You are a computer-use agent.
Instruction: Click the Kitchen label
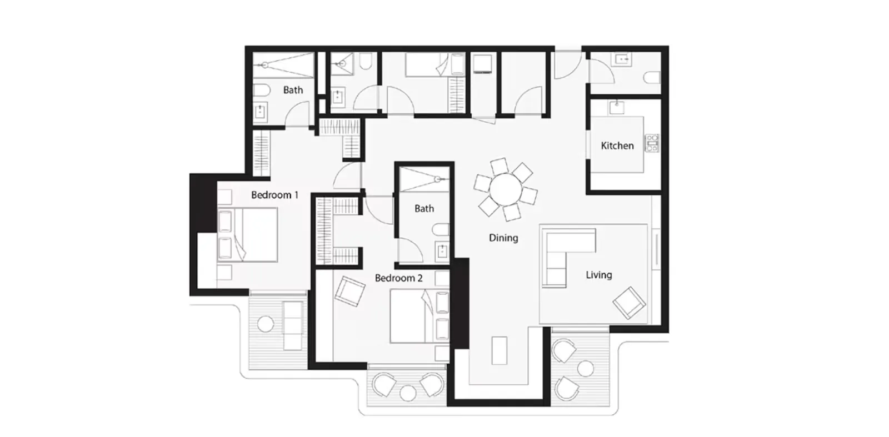pyautogui.click(x=617, y=145)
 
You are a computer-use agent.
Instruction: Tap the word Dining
pyautogui.click(x=503, y=238)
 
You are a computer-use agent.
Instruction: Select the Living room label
pyautogui.click(x=598, y=275)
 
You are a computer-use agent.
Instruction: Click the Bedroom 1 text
pyautogui.click(x=274, y=195)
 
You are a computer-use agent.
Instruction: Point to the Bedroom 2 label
pyautogui.click(x=398, y=278)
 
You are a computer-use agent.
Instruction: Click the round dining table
pyautogui.click(x=506, y=189)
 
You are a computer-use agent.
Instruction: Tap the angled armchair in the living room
pyautogui.click(x=630, y=303)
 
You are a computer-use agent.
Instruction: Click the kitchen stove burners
pyautogui.click(x=652, y=143)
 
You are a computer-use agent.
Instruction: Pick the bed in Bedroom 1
pyautogui.click(x=247, y=235)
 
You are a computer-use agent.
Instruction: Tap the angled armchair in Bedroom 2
pyautogui.click(x=349, y=291)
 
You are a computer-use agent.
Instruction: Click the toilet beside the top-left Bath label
pyautogui.click(x=262, y=90)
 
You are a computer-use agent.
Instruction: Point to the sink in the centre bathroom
pyautogui.click(x=442, y=251)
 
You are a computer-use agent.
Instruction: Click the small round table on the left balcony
pyautogui.click(x=266, y=324)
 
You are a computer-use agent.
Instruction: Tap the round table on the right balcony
pyautogui.click(x=585, y=368)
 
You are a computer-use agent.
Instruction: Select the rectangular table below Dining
pyautogui.click(x=500, y=350)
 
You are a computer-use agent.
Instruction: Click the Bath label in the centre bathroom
pyautogui.click(x=424, y=209)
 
